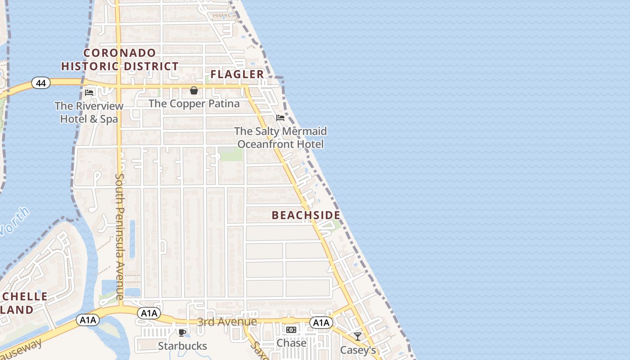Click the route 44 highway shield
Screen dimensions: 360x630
pos(40,83)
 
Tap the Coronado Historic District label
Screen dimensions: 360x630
pos(120,59)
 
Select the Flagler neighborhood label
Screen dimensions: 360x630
pos(237,74)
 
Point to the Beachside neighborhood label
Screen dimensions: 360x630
pos(306,215)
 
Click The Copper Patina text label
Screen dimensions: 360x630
pos(194,103)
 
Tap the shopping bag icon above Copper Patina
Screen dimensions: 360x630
pos(194,90)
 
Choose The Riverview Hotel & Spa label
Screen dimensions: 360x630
pos(89,112)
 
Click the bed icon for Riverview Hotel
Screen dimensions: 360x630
pos(89,93)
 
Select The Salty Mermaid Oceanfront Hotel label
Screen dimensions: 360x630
pos(280,138)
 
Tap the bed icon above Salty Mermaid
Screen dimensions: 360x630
pos(280,118)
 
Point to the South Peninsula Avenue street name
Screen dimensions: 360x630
pos(119,236)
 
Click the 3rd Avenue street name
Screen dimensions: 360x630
pos(227,322)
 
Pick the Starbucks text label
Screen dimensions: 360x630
pos(182,346)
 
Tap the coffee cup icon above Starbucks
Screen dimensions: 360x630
pos(182,333)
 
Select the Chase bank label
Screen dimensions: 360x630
pos(291,343)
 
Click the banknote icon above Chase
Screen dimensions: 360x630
pos(291,330)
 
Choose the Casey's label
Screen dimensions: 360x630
pos(358,350)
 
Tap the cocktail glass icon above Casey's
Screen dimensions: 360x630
pos(358,336)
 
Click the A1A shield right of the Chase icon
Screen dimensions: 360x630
pos(321,322)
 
